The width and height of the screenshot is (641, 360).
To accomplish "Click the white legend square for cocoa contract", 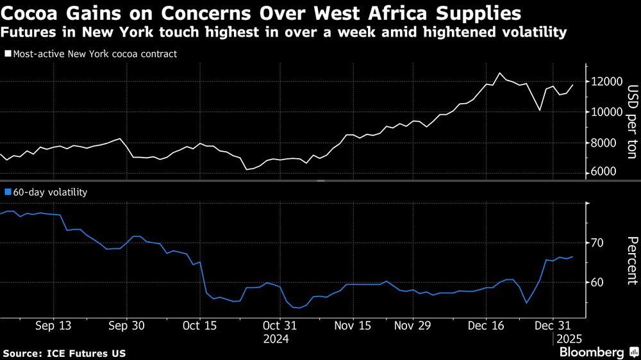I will [x=8, y=54].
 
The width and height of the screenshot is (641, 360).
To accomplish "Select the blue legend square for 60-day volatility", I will [x=8, y=192].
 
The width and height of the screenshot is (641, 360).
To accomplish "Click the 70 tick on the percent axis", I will [x=597, y=243].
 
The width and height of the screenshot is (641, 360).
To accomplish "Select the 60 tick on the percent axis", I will [x=597, y=282].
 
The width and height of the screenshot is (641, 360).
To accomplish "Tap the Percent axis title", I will [x=632, y=260].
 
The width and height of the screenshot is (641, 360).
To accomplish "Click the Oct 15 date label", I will [x=199, y=325].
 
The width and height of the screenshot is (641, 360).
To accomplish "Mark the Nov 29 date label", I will [x=412, y=325].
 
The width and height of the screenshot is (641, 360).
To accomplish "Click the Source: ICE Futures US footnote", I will [x=64, y=354].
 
